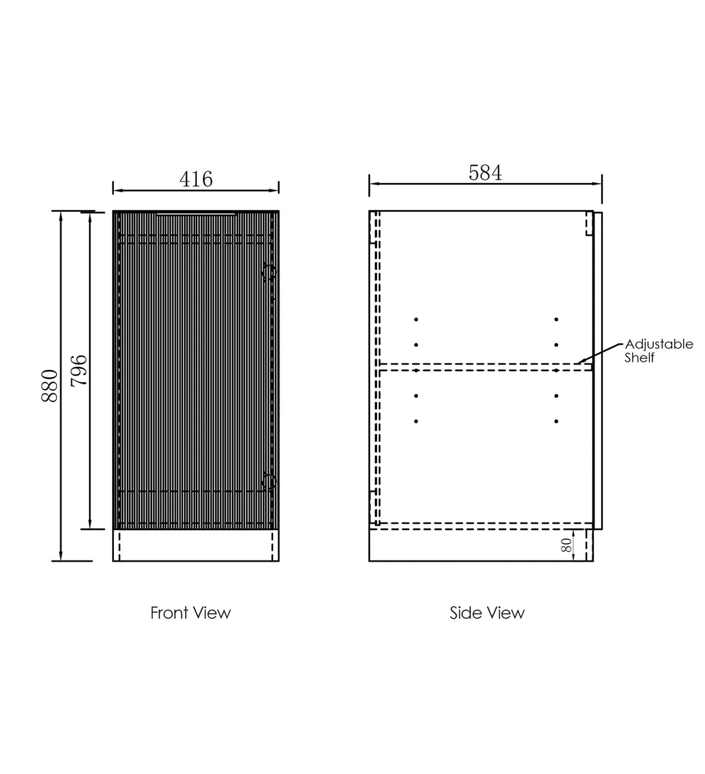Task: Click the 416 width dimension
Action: pos(196,179)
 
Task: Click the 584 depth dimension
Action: pos(485,173)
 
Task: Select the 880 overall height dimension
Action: pos(50,385)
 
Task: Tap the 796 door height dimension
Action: pos(78,370)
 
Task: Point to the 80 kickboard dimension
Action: pos(566,545)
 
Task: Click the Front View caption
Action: pos(190,613)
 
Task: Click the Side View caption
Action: pos(487,613)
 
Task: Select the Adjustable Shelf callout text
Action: pos(658,351)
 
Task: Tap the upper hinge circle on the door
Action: pos(269,273)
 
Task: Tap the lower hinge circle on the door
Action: pos(269,481)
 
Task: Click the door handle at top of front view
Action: pos(196,214)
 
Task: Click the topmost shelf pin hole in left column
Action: pos(416,319)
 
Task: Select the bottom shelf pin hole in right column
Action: pos(556,421)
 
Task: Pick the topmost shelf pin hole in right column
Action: pos(556,319)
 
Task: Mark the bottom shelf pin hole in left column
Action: pos(416,421)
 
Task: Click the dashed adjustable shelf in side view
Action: pos(482,367)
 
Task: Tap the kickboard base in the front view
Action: pos(196,545)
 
